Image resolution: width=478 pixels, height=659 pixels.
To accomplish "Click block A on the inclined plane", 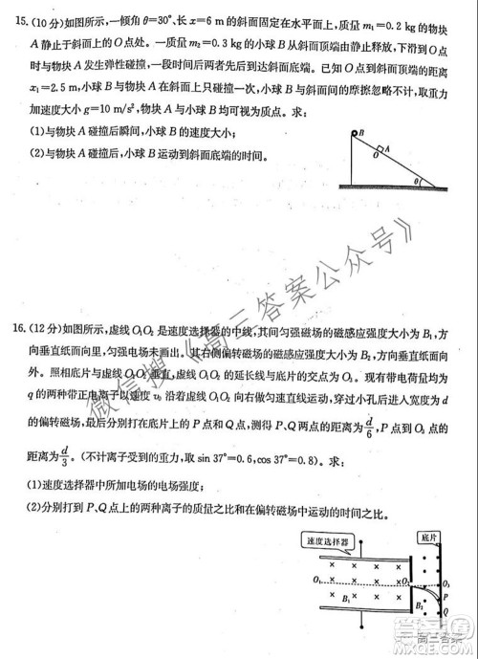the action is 380,150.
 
